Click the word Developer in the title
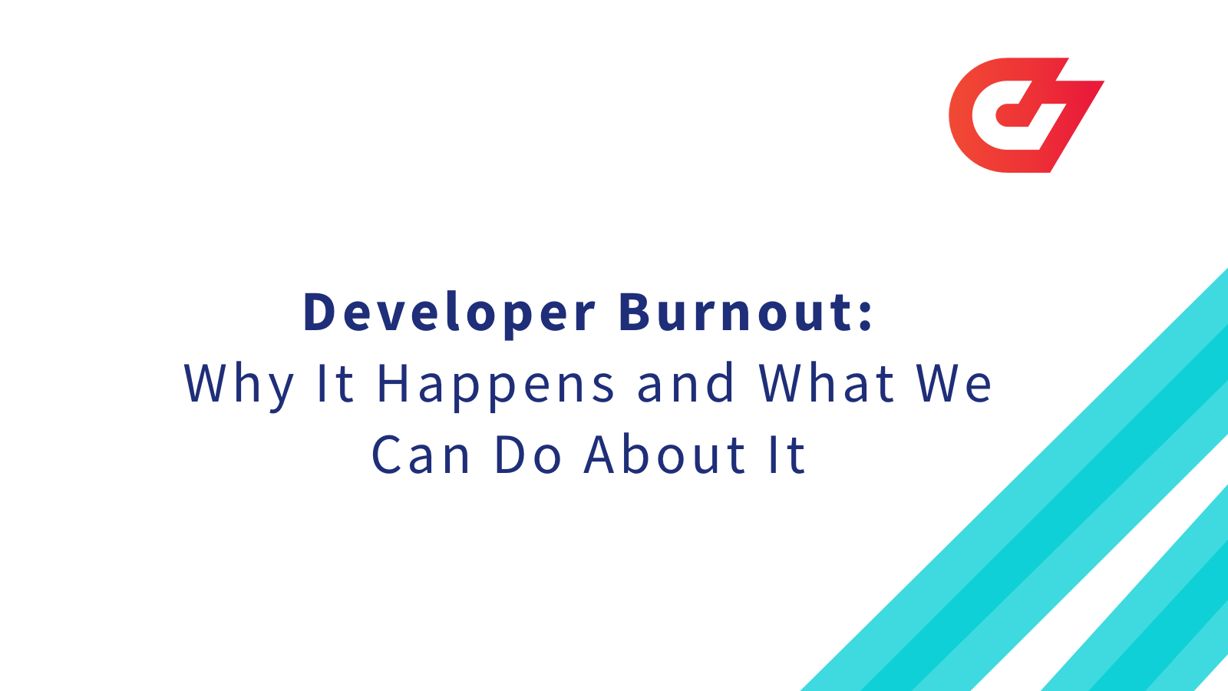click(x=449, y=313)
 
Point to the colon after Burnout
click(x=867, y=313)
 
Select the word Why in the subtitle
click(x=239, y=384)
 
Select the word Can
click(x=421, y=455)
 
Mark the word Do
click(x=528, y=455)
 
